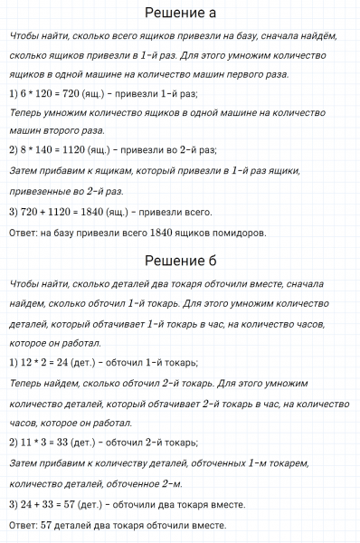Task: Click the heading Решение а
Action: click(x=180, y=14)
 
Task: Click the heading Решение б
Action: click(x=180, y=262)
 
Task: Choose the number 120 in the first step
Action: click(x=43, y=93)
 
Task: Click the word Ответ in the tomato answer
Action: click(x=21, y=233)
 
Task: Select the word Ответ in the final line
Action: click(x=21, y=526)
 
